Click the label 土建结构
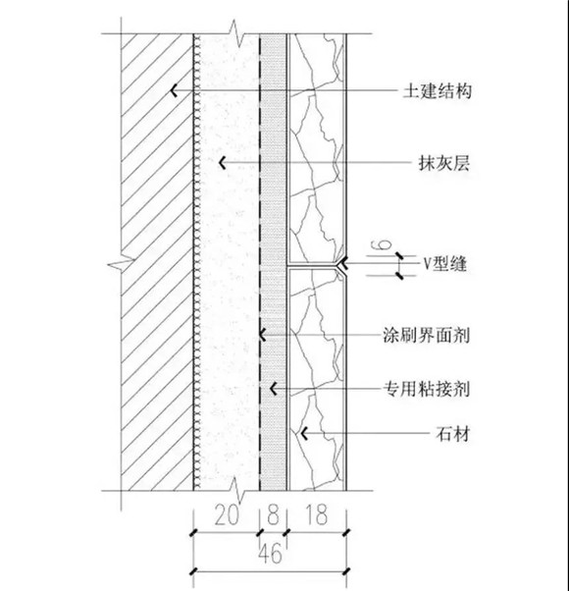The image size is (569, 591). [x=438, y=91]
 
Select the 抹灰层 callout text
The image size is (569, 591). [x=444, y=164]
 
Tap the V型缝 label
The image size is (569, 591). [x=445, y=263]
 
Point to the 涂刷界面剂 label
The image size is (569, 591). [x=427, y=335]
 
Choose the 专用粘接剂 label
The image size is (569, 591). [x=427, y=389]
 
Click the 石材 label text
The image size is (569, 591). [x=452, y=434]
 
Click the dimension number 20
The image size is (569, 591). [x=227, y=514]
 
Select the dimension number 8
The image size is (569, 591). [x=273, y=514]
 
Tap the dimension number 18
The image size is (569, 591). [x=316, y=514]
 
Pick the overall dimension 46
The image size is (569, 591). [x=271, y=554]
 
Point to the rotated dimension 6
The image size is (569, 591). [x=381, y=245]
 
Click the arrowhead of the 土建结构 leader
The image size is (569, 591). [x=174, y=91]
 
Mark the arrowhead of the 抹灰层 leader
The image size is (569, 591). [x=223, y=163]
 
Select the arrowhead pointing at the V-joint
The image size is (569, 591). [x=342, y=263]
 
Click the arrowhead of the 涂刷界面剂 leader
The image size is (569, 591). [x=263, y=335]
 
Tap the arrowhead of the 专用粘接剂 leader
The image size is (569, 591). [x=274, y=389]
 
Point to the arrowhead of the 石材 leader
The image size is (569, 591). [x=304, y=434]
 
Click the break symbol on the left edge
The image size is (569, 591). [x=121, y=264]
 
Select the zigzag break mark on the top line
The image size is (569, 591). [x=236, y=34]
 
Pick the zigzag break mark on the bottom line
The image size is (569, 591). [x=236, y=491]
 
